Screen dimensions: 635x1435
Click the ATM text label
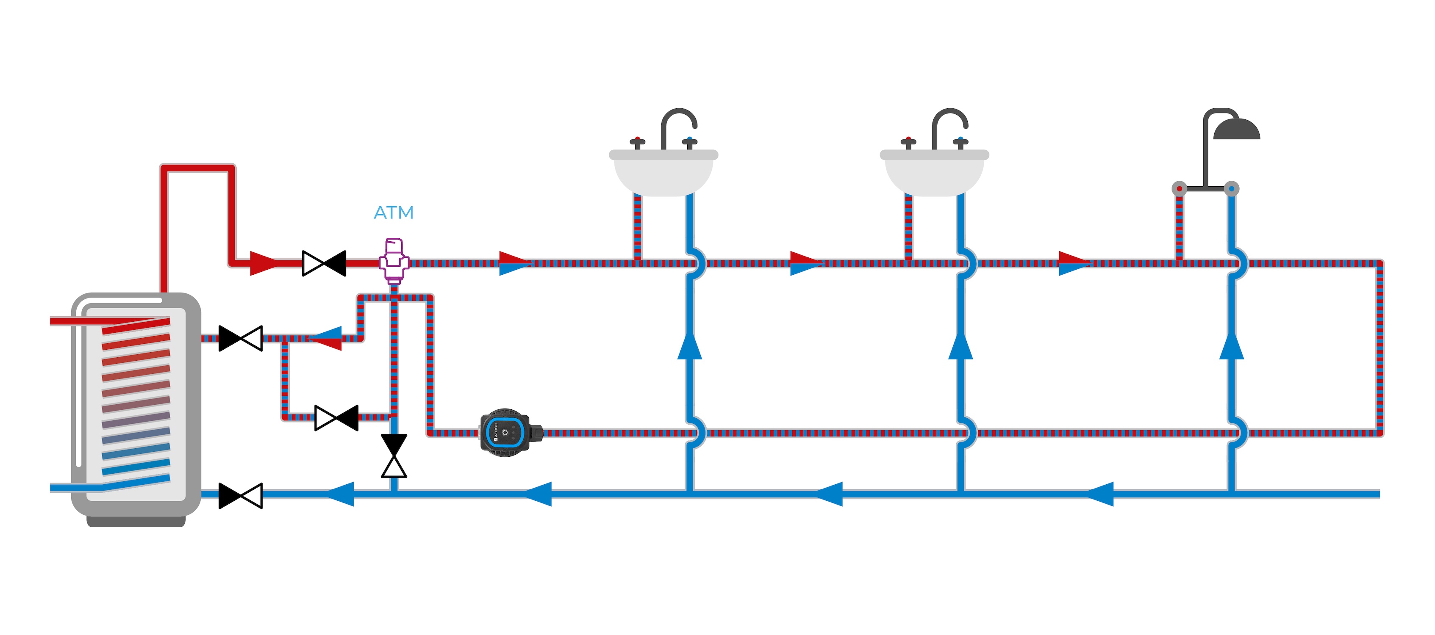tap(393, 213)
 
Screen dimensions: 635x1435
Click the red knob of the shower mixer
tap(1179, 189)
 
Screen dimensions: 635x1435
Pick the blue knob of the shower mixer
tap(1232, 189)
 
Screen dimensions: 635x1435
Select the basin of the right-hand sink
tap(934, 175)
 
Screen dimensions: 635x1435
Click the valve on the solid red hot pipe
tap(324, 263)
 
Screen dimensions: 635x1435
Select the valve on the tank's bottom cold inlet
tap(241, 495)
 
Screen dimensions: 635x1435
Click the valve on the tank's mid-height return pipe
tap(241, 338)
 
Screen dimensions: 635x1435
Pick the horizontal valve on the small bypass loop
tap(336, 418)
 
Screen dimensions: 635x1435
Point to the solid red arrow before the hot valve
tap(263, 263)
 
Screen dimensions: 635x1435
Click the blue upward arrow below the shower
tap(1232, 346)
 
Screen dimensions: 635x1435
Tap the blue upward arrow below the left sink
tap(690, 346)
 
